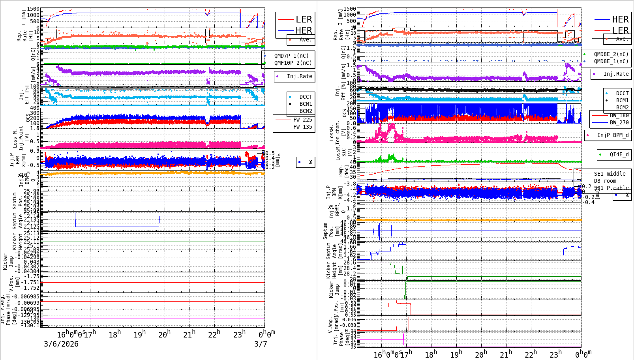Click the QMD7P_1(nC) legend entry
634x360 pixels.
coord(291,56)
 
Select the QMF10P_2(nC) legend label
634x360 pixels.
coord(293,63)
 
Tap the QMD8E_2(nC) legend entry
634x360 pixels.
coord(611,54)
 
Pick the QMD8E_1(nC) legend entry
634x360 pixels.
coord(611,61)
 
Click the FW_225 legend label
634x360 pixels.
coord(302,120)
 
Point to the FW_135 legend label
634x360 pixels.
coord(302,127)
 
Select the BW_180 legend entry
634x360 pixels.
coord(619,115)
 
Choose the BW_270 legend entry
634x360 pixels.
coord(619,122)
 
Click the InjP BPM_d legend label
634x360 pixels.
coord(613,135)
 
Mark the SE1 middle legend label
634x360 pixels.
coord(610,174)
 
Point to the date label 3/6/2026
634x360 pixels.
coord(61,344)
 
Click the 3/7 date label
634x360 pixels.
coord(261,344)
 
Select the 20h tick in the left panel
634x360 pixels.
coord(164,334)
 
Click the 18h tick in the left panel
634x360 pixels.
coord(114,334)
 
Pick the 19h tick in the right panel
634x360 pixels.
coord(456,354)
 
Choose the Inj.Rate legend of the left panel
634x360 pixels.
coord(299,76)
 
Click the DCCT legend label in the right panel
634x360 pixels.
coord(622,93)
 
